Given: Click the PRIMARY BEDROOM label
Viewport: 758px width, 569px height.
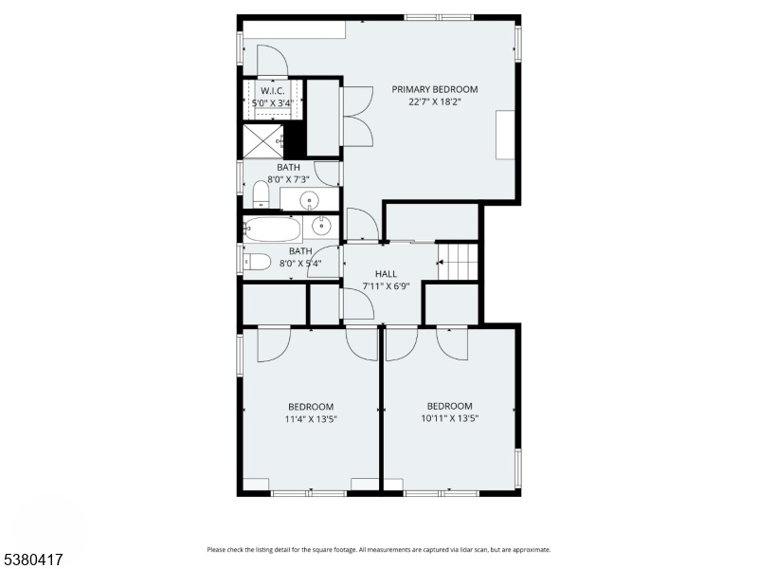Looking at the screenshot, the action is [x=435, y=89].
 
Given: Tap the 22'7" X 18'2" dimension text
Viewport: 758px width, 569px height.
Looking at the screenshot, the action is [x=435, y=102].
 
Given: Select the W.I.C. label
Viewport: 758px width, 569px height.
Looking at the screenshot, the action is [x=273, y=91].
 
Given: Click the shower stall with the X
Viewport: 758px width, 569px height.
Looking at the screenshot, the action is [x=262, y=141].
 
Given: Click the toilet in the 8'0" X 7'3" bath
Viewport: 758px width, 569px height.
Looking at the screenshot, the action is [x=262, y=194].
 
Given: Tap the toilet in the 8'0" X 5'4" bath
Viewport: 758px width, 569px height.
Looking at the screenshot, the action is [x=257, y=262].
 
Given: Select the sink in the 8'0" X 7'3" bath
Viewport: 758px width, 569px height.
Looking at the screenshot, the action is [x=309, y=199].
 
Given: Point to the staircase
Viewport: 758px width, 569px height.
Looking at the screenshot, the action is [x=458, y=262].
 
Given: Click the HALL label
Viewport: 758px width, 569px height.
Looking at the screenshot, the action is [x=386, y=274].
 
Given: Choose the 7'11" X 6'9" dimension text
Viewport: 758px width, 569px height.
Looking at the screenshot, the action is [x=386, y=286].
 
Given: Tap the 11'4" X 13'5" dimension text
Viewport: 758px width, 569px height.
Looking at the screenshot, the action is [x=311, y=419].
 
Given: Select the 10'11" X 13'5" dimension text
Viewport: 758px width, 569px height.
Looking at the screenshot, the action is [x=449, y=418].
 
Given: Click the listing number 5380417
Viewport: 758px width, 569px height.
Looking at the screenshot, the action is [x=32, y=560].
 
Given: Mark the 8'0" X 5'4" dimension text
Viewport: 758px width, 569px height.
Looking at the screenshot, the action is [x=300, y=264].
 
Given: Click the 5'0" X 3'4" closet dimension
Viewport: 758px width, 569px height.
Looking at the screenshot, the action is [x=273, y=103].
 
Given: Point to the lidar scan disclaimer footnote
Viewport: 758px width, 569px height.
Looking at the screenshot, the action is [x=379, y=550].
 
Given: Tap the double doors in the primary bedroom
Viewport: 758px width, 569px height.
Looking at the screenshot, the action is [x=358, y=116].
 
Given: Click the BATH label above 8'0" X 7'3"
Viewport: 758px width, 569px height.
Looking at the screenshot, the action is [x=288, y=168].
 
